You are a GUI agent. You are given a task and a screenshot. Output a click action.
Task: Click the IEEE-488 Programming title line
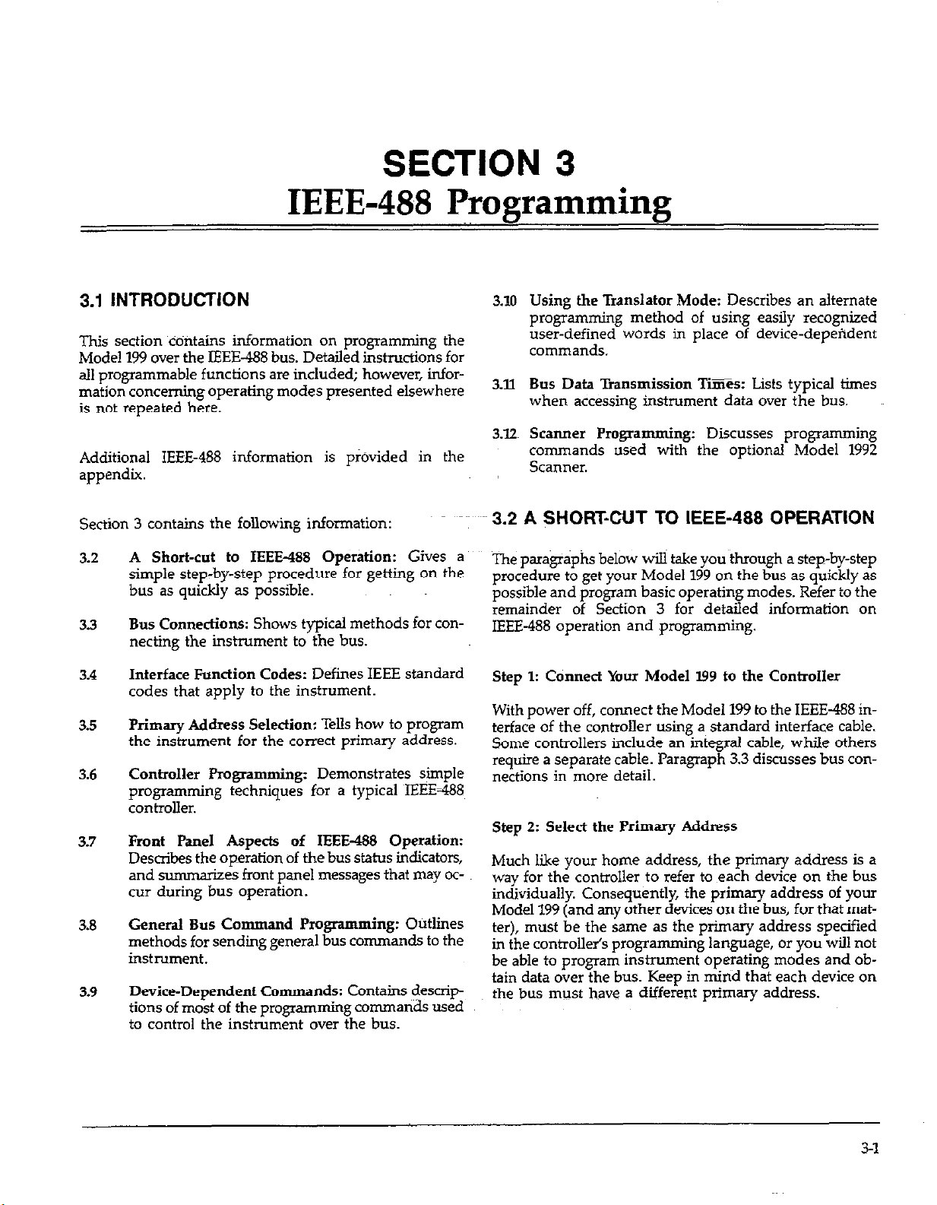(x=479, y=203)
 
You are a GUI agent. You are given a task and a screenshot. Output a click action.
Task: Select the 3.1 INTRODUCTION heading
(x=164, y=300)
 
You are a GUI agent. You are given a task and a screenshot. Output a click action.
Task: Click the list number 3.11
(x=500, y=384)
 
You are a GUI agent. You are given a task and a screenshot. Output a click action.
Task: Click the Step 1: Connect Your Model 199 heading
(x=666, y=676)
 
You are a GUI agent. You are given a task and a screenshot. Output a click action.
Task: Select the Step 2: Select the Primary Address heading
(x=614, y=826)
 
